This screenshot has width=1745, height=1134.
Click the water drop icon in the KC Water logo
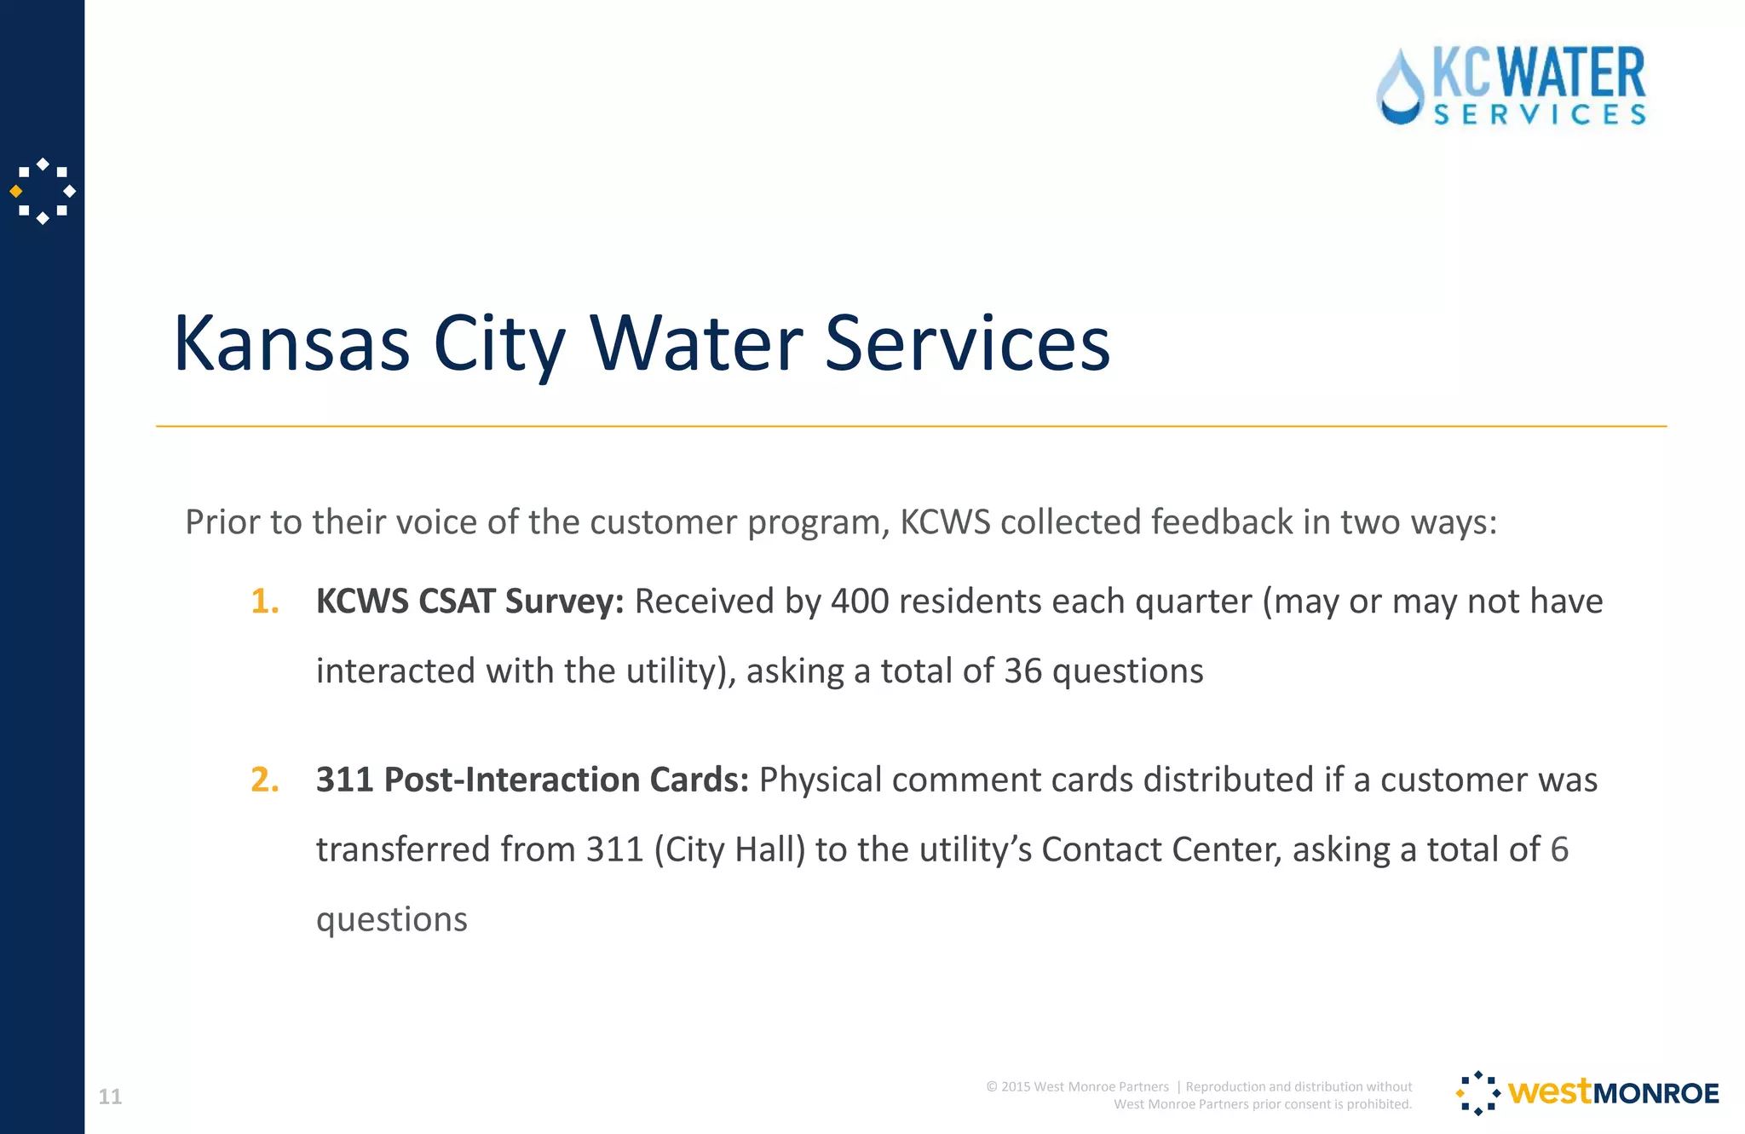pos(1399,89)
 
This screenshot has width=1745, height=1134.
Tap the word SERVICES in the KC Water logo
pos(1540,115)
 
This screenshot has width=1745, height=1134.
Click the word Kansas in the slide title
pos(291,343)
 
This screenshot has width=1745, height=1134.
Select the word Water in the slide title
pos(696,343)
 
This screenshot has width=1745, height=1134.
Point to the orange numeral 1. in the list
pos(265,602)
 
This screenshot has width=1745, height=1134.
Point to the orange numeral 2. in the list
pos(265,780)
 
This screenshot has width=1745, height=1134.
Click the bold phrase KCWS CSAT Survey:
pos(469,602)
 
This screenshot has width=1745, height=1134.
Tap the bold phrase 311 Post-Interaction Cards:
pos(532,780)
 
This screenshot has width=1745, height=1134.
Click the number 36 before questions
pos(1022,671)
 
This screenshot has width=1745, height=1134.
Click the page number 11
pos(110,1097)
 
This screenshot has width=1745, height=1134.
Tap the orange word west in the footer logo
pos(1548,1091)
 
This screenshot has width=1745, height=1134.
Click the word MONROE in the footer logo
pos(1656,1093)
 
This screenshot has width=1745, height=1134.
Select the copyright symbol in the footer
pos(992,1086)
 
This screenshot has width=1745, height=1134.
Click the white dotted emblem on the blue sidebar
pos(43,191)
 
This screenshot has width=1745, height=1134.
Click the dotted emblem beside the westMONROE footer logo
pos(1478,1093)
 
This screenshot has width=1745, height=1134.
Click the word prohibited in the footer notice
pos(1379,1104)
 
